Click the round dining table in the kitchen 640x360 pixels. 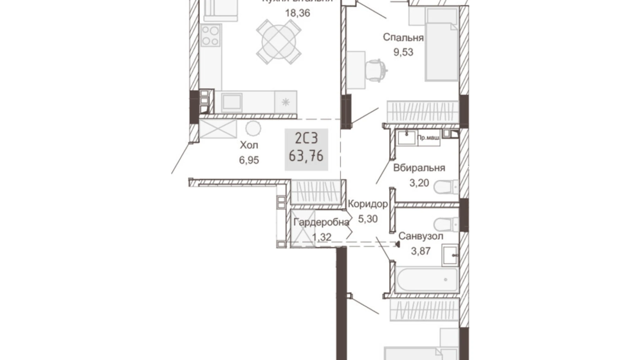point(278,42)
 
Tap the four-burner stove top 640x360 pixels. point(210,36)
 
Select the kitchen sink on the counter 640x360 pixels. point(231,102)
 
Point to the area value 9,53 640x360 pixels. point(403,52)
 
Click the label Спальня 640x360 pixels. point(403,37)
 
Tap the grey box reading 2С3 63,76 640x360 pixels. point(306,150)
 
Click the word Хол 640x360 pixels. point(249,145)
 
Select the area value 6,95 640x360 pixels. point(249,160)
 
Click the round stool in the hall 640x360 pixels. point(253,129)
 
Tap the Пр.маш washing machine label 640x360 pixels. point(429,138)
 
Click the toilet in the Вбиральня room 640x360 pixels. point(446,187)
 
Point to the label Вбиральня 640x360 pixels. point(419,168)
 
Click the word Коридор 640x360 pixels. point(367,204)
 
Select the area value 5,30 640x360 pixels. point(367,219)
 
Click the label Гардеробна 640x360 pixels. point(321,222)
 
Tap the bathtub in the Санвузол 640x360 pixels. point(426,279)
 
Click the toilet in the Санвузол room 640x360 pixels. point(446,224)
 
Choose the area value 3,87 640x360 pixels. point(420,251)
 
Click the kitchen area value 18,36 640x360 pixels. point(297,13)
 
